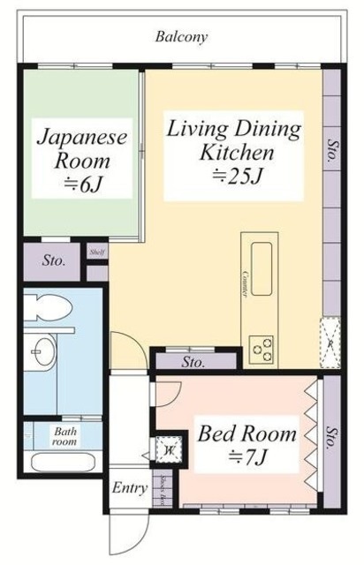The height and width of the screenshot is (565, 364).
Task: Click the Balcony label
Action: coord(181,37)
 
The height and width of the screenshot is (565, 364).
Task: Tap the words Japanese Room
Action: coord(82,150)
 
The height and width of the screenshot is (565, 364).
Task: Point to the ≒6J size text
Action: coord(82,185)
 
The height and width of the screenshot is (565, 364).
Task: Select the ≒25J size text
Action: coord(237,177)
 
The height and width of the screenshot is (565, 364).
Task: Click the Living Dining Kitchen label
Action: coord(234,140)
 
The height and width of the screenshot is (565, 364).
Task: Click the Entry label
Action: coord(130,487)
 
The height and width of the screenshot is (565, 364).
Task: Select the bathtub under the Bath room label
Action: coord(64,462)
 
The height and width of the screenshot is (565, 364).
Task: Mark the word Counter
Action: coord(242,285)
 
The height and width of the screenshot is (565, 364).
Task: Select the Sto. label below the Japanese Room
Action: coord(53,260)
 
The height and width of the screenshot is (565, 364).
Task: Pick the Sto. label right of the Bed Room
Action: coord(331,439)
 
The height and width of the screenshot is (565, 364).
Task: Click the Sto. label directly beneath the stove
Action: coord(195,362)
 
